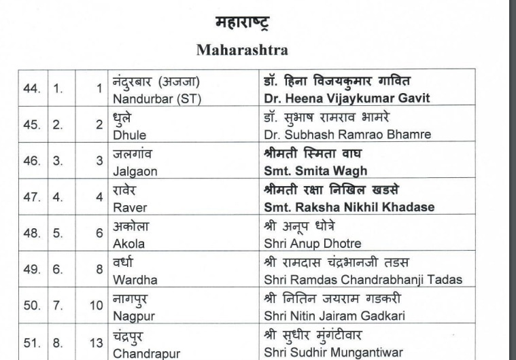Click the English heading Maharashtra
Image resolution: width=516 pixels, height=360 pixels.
[x=242, y=50]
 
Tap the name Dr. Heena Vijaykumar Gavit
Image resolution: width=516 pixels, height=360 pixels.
[x=347, y=98]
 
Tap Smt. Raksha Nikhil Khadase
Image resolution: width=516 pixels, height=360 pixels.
[x=349, y=207]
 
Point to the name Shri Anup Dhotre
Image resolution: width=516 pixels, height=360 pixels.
[x=312, y=243]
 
